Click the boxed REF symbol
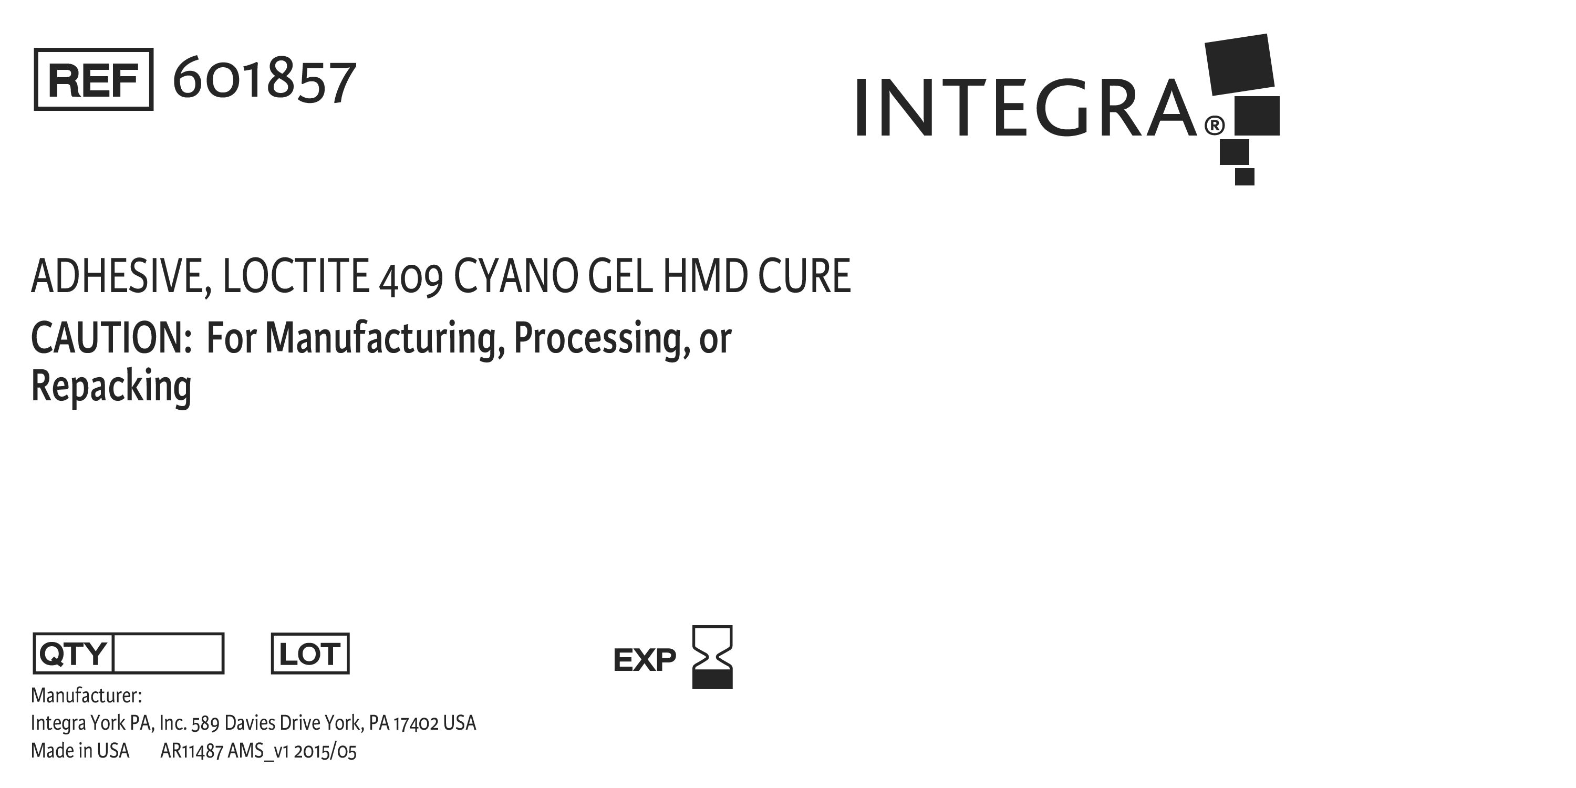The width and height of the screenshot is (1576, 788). pos(94,79)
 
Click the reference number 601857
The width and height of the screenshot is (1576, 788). pos(264,80)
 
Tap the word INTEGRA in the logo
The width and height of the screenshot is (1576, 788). pos(1025,107)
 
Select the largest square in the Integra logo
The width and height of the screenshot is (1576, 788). pos(1239,64)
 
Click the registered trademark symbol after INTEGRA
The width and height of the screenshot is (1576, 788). pos(1215,126)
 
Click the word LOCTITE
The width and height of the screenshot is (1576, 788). pos(295,276)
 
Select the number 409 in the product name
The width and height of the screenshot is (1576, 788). pos(410,279)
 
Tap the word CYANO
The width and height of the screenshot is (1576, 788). pos(516,276)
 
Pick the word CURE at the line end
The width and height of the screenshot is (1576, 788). pos(804,276)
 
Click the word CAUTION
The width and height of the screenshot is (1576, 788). pos(111,338)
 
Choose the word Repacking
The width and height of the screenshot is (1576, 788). pos(111,387)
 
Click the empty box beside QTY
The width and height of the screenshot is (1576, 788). pos(168,654)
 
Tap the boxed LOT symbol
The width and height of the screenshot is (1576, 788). pos(310,654)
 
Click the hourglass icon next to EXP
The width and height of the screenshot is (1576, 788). pos(712,657)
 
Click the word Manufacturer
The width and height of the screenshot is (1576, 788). pos(86,696)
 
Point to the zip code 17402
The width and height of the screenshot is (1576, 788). pos(416,723)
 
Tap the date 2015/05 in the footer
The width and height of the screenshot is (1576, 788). pos(325,751)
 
